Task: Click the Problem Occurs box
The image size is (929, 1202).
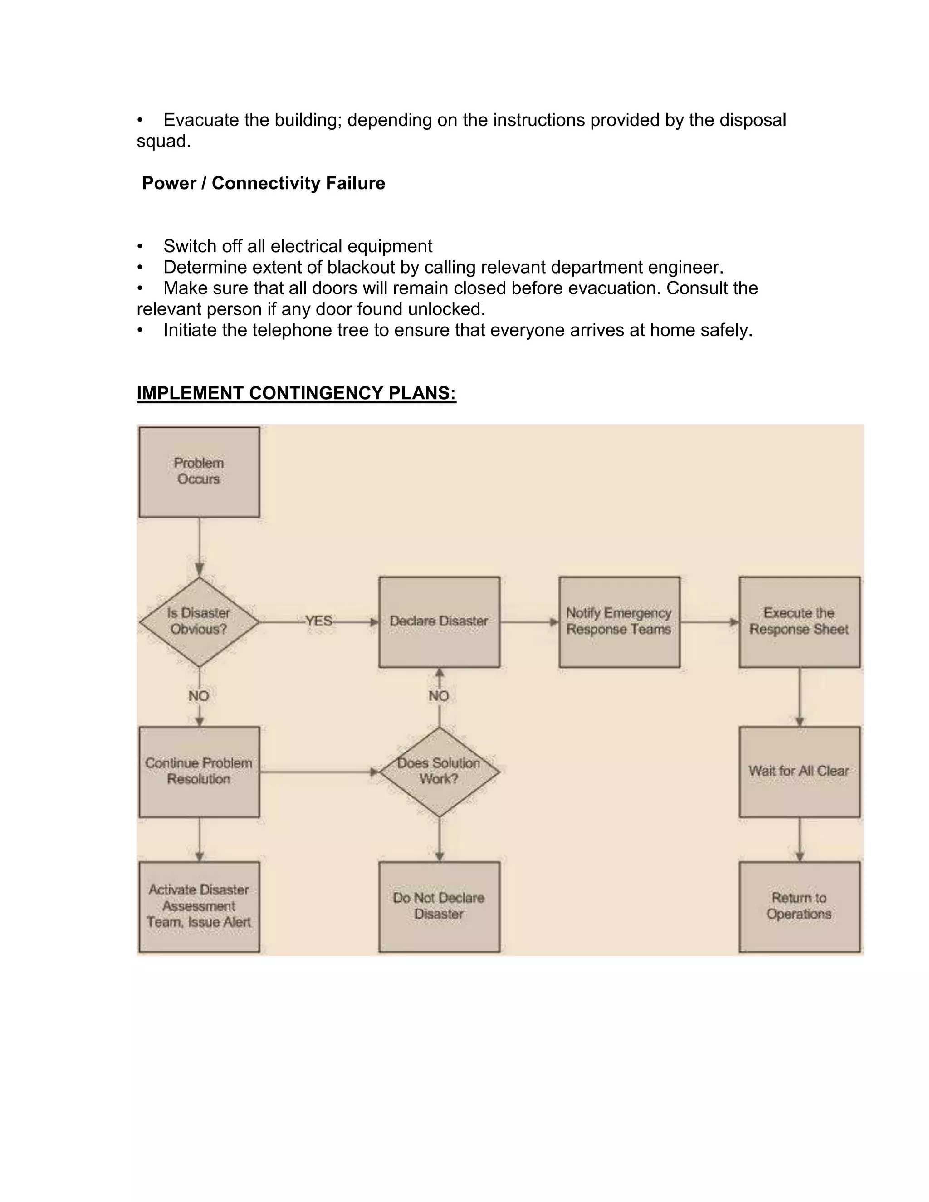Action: (199, 472)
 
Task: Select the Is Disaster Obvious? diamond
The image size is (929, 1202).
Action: (199, 621)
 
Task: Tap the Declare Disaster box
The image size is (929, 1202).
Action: (439, 621)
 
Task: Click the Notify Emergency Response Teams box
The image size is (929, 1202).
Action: (619, 621)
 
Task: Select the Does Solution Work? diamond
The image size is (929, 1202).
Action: (439, 771)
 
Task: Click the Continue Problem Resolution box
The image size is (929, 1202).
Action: (199, 771)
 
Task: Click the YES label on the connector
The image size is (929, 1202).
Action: (318, 621)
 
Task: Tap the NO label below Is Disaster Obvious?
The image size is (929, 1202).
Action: (199, 696)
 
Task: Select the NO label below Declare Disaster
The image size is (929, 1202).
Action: (439, 696)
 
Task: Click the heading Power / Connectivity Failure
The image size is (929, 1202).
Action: (263, 183)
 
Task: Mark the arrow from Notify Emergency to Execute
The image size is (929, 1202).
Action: (709, 622)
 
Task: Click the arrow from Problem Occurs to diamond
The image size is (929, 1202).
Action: (199, 547)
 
